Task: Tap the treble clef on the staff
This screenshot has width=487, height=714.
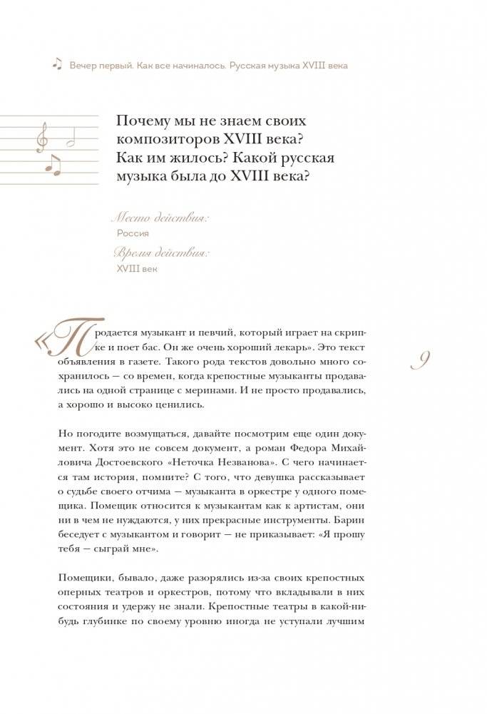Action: point(42,136)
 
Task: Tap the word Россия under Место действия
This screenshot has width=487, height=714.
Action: point(133,233)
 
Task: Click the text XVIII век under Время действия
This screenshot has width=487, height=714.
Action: point(135,268)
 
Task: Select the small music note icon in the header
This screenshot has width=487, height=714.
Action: point(57,64)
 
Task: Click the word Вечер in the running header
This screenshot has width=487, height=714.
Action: point(86,65)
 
